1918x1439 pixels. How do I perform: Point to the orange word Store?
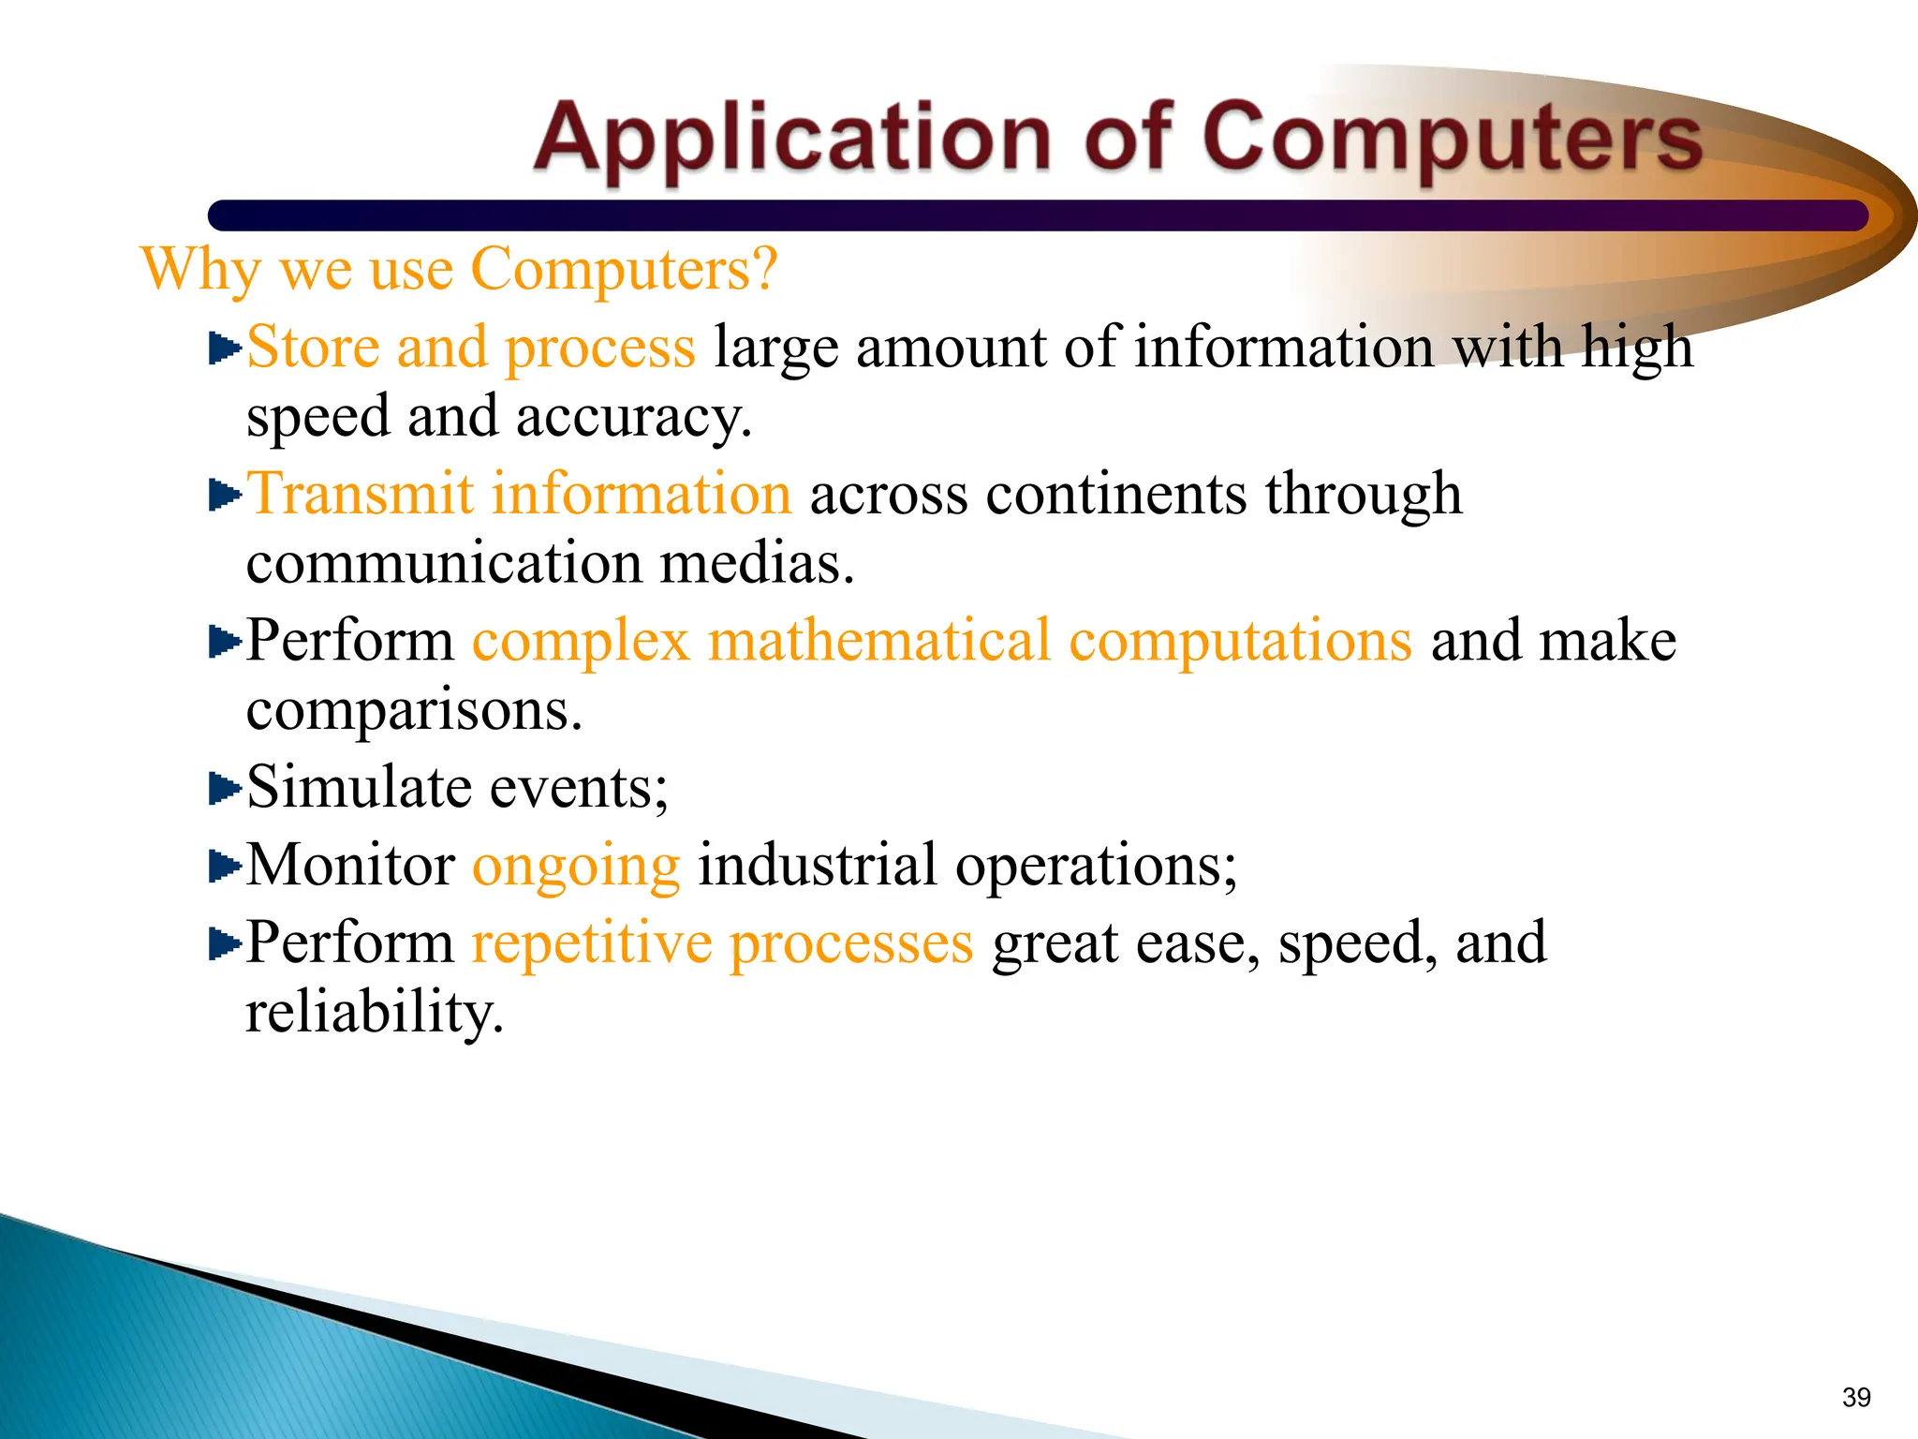pyautogui.click(x=313, y=348)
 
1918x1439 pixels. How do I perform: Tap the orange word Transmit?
pyautogui.click(x=360, y=494)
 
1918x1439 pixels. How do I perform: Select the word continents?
pyautogui.click(x=1115, y=494)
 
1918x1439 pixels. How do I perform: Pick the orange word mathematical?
pyautogui.click(x=879, y=642)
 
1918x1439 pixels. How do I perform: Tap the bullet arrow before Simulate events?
pyautogui.click(x=224, y=788)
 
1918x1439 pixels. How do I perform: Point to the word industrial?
pyautogui.click(x=817, y=865)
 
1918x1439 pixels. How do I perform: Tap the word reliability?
pyautogui.click(x=374, y=1014)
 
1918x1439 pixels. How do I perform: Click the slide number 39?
pyautogui.click(x=1856, y=1398)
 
